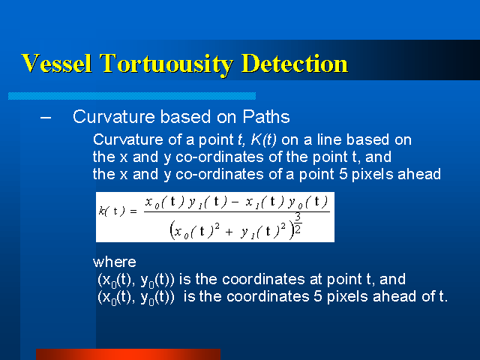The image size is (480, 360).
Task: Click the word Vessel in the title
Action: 56,63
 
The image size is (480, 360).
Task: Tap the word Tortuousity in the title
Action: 166,64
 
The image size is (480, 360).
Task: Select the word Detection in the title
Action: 295,63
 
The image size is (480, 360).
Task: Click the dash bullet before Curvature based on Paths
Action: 46,117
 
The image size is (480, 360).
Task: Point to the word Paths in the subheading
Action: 266,117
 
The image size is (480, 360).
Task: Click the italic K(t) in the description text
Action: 263,140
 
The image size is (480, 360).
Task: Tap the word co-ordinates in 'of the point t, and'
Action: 220,157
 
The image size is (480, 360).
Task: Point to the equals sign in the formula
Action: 133,211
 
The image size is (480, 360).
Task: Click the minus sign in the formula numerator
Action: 235,202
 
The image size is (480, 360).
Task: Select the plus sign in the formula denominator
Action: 229,232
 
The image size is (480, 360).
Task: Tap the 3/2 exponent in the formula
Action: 298,223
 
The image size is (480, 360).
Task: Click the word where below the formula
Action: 115,262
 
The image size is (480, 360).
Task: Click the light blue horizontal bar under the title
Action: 132,96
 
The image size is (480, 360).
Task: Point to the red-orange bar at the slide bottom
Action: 128,354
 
